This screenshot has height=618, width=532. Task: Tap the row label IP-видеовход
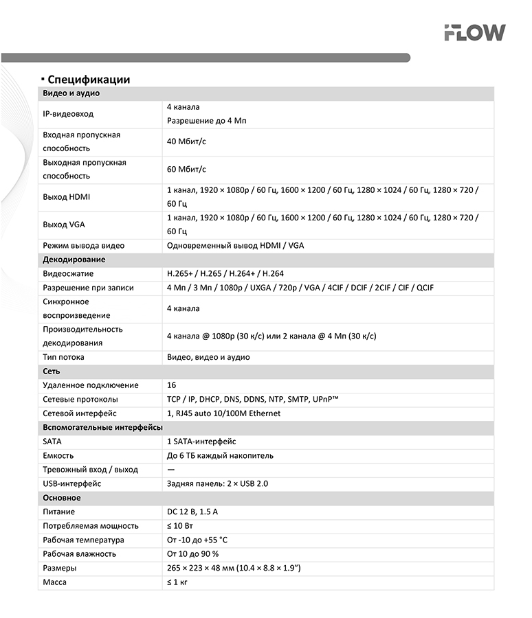(x=68, y=114)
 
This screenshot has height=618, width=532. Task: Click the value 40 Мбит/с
(x=187, y=141)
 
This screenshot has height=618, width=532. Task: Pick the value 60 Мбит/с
(x=187, y=169)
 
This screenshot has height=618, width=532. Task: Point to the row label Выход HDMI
(x=67, y=197)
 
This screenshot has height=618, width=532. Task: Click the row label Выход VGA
(x=64, y=225)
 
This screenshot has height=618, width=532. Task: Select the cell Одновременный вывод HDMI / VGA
(x=235, y=246)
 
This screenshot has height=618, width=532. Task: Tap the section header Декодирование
(x=74, y=260)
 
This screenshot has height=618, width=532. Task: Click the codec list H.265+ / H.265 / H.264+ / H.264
(x=225, y=273)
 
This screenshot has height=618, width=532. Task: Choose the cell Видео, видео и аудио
(x=208, y=357)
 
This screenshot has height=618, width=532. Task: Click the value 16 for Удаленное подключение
(x=172, y=385)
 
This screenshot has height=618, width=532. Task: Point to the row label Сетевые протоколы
(x=80, y=399)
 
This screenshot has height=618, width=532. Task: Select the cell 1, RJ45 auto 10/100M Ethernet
(x=223, y=413)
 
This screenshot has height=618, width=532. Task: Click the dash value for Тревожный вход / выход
(x=171, y=470)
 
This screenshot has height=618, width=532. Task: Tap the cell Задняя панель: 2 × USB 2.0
(x=217, y=483)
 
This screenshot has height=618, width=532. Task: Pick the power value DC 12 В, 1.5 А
(x=192, y=512)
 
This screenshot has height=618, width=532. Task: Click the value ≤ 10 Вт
(x=180, y=526)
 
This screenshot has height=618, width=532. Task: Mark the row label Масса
(x=55, y=582)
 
